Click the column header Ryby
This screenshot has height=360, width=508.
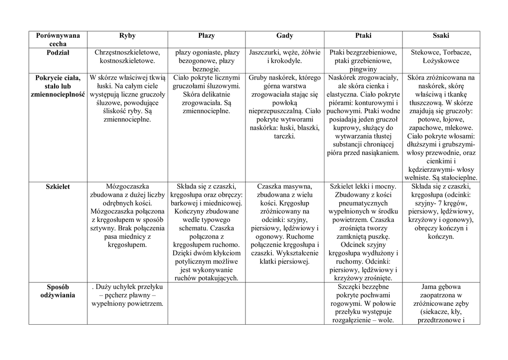[127, 36]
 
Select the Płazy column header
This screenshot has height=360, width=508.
[206, 36]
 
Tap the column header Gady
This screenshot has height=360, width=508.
[285, 36]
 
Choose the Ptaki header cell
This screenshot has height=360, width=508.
[363, 36]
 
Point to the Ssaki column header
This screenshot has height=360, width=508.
[441, 36]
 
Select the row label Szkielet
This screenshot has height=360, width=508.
[58, 187]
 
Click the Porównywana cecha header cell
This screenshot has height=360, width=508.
[58, 40]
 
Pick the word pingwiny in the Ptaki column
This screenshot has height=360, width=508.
[363, 70]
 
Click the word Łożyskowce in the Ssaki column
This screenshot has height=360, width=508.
[441, 61]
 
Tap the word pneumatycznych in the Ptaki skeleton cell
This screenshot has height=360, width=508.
[363, 203]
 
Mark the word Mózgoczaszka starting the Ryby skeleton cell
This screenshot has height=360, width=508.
[127, 187]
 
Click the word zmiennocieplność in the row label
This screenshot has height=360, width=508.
[58, 94]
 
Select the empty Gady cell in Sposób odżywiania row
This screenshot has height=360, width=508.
[285, 303]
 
